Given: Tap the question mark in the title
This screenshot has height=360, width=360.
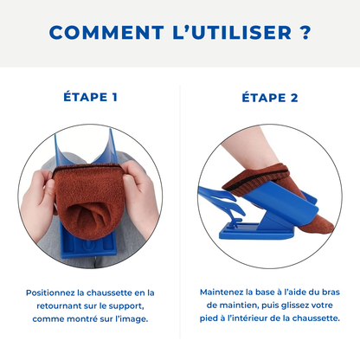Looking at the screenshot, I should pyautogui.click(x=305, y=33).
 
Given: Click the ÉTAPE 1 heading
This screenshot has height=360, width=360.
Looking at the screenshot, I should pyautogui.click(x=91, y=97).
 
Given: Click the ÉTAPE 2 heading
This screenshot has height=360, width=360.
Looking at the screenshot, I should pyautogui.click(x=270, y=97).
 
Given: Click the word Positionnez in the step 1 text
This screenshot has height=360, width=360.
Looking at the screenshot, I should pyautogui.click(x=54, y=292).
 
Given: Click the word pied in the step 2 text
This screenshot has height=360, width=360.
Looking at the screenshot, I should pyautogui.click(x=209, y=318).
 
